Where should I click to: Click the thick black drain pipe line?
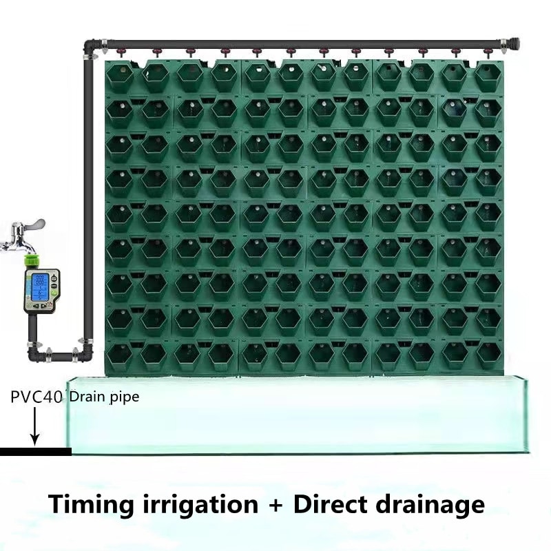[x=35, y=452]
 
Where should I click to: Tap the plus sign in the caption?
[x=275, y=504]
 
